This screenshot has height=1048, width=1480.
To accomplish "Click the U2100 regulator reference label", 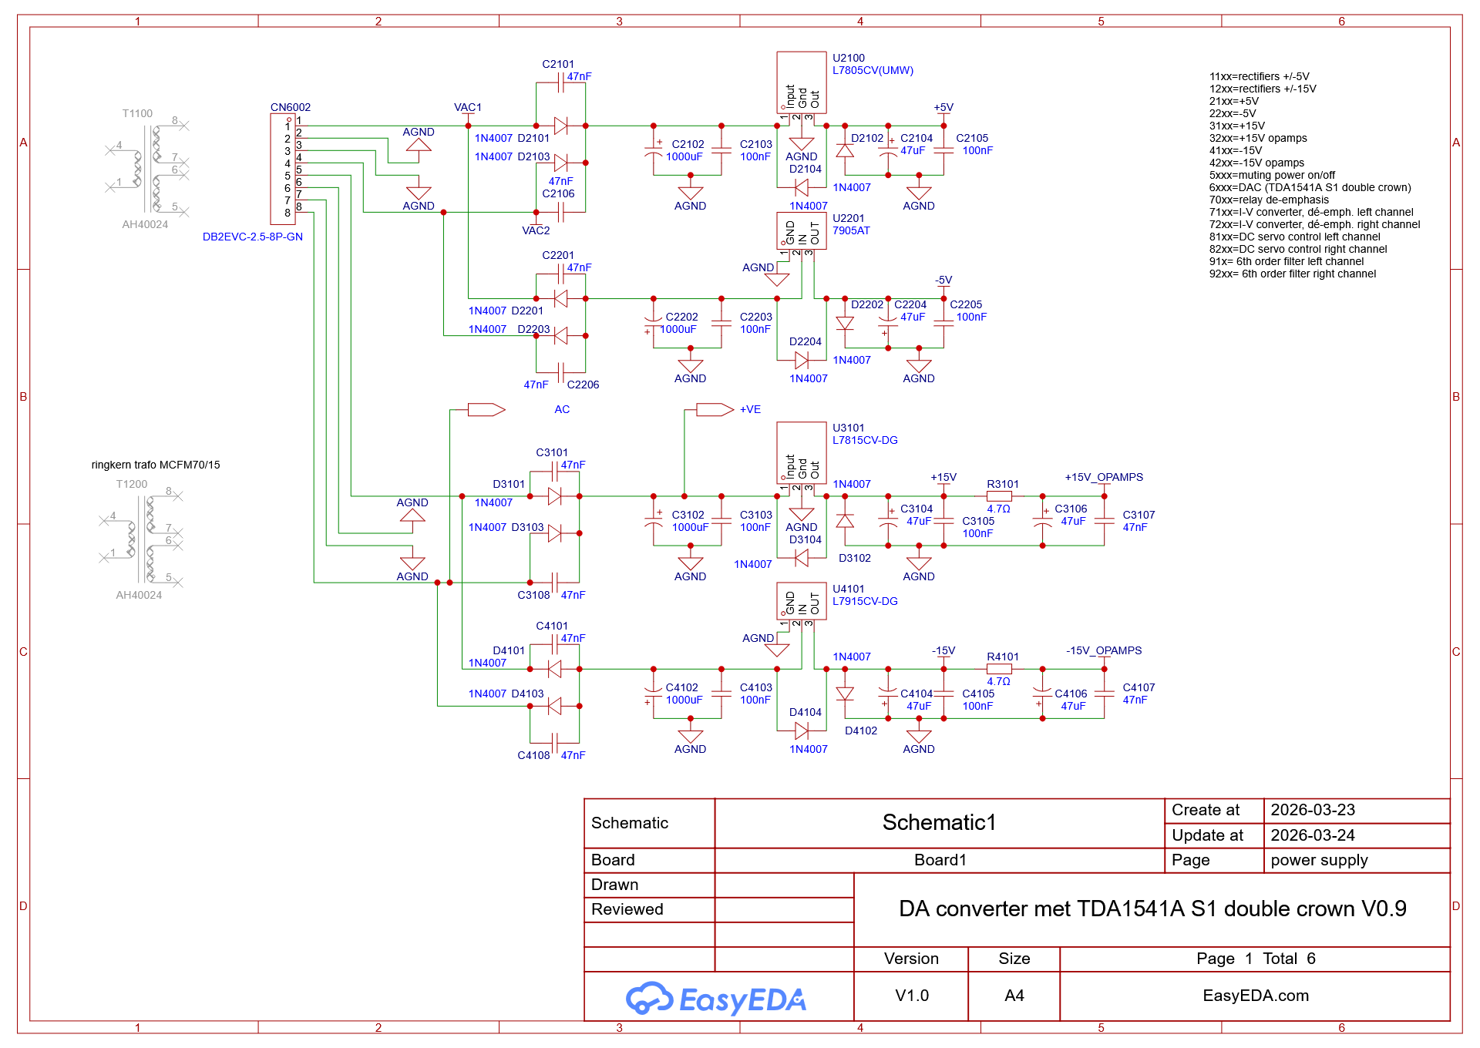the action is (x=848, y=58).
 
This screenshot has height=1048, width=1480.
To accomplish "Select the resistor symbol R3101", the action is (x=999, y=496).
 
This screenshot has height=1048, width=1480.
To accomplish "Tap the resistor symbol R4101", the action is (x=999, y=669).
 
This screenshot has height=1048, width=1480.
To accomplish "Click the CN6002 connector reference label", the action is (x=291, y=107).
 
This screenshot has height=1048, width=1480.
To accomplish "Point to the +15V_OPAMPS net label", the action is (x=1104, y=477).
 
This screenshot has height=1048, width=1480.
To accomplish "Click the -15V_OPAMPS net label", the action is (x=1104, y=650).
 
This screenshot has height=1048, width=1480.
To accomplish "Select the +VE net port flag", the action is (x=715, y=410).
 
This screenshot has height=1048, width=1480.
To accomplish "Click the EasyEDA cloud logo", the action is (x=650, y=998).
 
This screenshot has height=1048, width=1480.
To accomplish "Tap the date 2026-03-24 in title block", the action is (x=1313, y=835).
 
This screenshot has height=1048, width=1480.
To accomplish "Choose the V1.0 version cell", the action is (x=912, y=996).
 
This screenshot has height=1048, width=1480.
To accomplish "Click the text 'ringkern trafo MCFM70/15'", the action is (x=156, y=465).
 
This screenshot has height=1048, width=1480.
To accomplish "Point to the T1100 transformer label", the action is (x=137, y=113).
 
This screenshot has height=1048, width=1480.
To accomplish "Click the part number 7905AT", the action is (x=851, y=230).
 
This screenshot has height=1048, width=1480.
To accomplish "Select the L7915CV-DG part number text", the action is (x=865, y=601).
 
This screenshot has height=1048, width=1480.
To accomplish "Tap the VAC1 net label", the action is (x=468, y=107).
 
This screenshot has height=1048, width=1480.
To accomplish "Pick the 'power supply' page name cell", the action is (x=1319, y=860).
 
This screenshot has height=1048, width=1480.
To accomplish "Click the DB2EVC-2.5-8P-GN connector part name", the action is (x=253, y=237).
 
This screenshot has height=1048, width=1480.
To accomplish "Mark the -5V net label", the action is (x=943, y=280).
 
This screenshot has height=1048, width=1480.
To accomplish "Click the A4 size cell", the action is (x=1014, y=996).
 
